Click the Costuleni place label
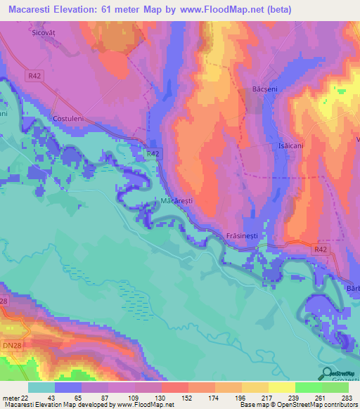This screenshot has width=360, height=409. point(68,119)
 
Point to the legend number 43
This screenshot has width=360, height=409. point(41,398)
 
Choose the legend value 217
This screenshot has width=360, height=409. point(267,398)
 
